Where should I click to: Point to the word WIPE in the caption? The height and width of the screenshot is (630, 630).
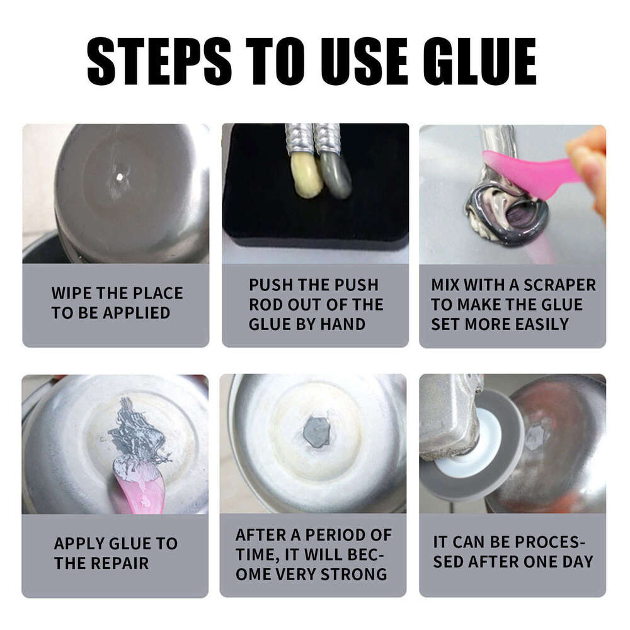[74, 293]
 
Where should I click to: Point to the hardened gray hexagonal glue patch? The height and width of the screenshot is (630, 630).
[316, 432]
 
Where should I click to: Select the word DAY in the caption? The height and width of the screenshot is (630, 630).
[575, 561]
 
